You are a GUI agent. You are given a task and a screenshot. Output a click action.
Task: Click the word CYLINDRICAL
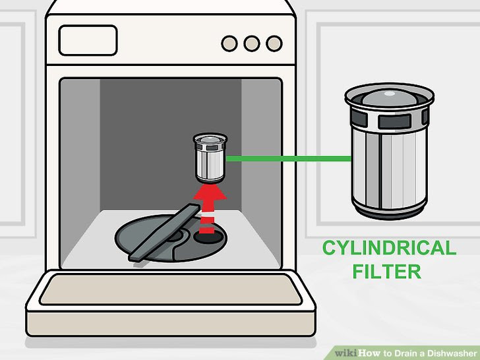pyautogui.click(x=389, y=249)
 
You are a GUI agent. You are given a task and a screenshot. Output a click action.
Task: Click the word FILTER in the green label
pyautogui.click(x=387, y=271)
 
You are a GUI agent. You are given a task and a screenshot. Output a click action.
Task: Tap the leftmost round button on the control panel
pyautogui.click(x=229, y=44)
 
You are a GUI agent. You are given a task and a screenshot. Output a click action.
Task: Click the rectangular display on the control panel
pyautogui.click(x=88, y=41)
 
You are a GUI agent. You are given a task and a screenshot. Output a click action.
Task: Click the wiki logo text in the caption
pyautogui.click(x=345, y=353)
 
